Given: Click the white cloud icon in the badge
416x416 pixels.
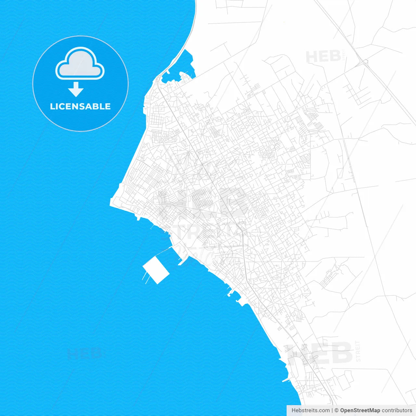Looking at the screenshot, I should tap(80, 64).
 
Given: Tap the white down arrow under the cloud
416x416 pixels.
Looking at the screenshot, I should tap(76, 90).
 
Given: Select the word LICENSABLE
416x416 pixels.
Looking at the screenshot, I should tap(80, 107).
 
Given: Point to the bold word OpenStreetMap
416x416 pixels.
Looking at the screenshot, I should tap(360, 410).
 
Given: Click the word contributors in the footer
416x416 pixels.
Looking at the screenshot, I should tap(397, 410).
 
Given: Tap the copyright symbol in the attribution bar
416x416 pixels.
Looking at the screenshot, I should tap(337, 410).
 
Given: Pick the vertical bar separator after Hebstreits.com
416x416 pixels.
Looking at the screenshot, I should tap(332, 410).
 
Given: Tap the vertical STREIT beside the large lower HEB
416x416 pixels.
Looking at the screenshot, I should tap(358, 351).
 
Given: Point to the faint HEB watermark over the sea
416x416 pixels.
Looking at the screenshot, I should tap(84, 353).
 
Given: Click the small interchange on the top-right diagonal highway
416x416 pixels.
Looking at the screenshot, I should tap(365, 61).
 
